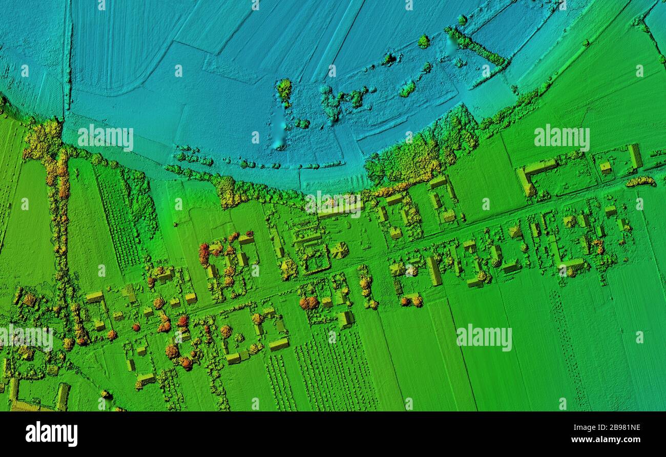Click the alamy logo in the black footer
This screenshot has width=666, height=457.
coord(52,433)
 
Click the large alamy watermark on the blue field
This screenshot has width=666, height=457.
coord(106,137)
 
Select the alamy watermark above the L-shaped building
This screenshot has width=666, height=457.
coord(561,137)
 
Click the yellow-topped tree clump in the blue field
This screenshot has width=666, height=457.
coord(284,90)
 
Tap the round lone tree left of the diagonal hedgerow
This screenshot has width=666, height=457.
coord(423,41)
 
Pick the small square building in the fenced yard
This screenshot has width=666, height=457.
coord(605,167)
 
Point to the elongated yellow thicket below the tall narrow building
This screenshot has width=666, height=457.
coord(640,181)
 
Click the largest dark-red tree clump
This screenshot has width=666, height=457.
coord(204,253)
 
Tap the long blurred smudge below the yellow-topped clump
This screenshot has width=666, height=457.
coord(278,131)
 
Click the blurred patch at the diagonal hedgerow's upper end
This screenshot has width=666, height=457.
coord(451,43)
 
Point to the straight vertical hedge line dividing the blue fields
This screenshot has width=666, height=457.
coord(67,56)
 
